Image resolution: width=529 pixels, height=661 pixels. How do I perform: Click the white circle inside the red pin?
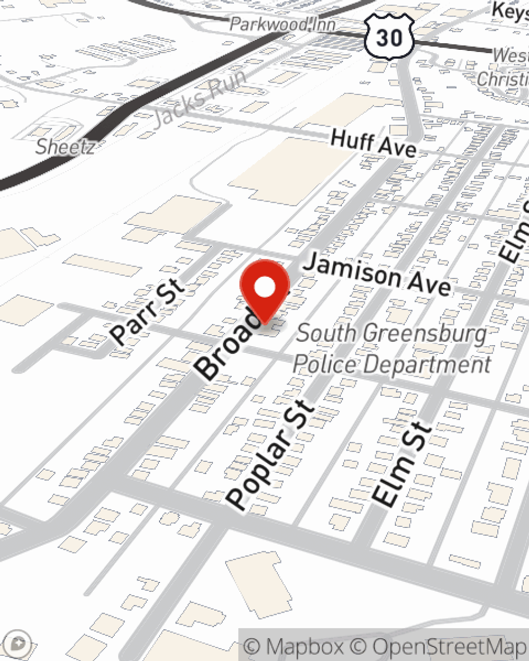click(265, 288)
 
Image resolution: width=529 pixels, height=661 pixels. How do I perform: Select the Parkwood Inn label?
click(283, 24)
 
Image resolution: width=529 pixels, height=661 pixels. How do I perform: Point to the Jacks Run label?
click(200, 97)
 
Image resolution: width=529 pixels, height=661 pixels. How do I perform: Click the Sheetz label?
click(65, 146)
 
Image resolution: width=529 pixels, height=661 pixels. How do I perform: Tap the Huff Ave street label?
click(373, 143)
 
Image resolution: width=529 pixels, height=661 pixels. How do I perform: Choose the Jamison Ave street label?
click(378, 274)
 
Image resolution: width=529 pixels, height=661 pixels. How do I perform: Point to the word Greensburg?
click(426, 334)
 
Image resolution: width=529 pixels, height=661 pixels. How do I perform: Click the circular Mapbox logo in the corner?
click(19, 643)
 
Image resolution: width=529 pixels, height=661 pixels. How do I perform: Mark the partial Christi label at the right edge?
click(502, 79)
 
